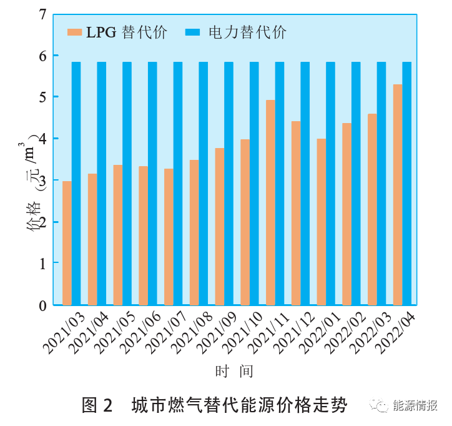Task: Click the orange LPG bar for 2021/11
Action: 270,202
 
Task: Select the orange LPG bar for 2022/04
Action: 398,194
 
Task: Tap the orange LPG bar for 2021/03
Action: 67,243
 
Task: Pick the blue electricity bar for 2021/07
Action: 178,183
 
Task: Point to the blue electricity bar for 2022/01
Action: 330,183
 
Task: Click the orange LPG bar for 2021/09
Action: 220,226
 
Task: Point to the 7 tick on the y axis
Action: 42,13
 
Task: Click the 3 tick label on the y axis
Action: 42,181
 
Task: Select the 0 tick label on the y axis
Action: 42,305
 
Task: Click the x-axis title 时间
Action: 234,371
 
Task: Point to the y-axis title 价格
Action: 32,219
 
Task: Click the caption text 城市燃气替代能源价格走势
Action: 239,405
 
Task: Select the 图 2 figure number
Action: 97,405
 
